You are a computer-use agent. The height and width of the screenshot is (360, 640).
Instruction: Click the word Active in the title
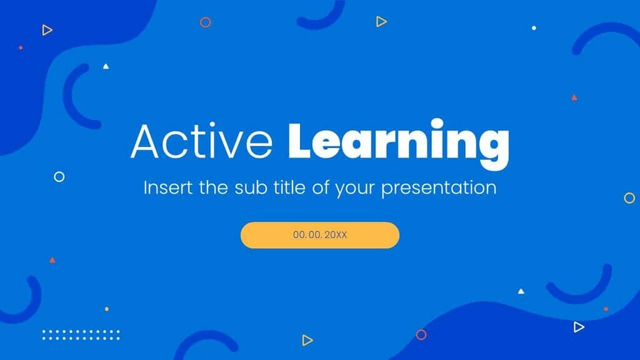point(201,142)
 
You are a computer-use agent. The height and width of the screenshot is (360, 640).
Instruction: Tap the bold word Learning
point(398,143)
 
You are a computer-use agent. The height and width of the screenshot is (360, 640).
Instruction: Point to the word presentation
point(439,188)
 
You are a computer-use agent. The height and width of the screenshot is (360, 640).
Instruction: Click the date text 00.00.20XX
point(320,235)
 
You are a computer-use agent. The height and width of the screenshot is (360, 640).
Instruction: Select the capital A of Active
point(145,142)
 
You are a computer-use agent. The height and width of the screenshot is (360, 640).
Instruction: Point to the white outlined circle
point(59,177)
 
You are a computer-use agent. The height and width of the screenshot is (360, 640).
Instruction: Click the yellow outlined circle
point(629,198)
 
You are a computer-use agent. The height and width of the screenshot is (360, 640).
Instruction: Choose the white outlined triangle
point(579,327)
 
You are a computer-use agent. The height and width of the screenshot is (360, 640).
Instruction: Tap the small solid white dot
point(534,28)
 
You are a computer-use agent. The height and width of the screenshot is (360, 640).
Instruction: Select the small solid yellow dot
point(106,309)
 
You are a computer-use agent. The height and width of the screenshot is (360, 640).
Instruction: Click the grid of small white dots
point(81,335)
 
